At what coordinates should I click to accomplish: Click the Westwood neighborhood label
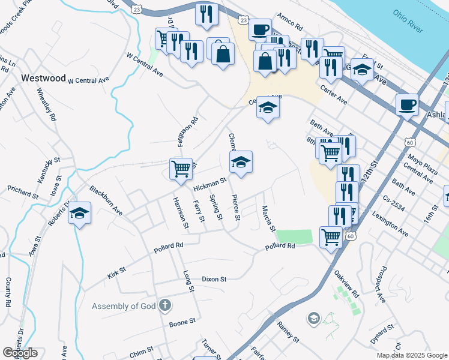click(43, 78)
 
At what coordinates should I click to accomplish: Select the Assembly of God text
click(124, 307)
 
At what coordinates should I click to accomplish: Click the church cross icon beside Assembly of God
click(166, 306)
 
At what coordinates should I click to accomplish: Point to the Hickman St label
click(209, 185)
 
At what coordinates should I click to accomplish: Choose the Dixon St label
click(214, 279)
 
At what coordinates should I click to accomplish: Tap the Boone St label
click(182, 322)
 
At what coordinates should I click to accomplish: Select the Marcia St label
click(268, 218)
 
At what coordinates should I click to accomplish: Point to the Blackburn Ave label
click(106, 200)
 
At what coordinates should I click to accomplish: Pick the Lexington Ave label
click(390, 223)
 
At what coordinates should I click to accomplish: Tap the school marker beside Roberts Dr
click(79, 214)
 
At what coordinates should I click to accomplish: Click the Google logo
click(20, 353)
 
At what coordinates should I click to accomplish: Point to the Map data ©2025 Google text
click(412, 355)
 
